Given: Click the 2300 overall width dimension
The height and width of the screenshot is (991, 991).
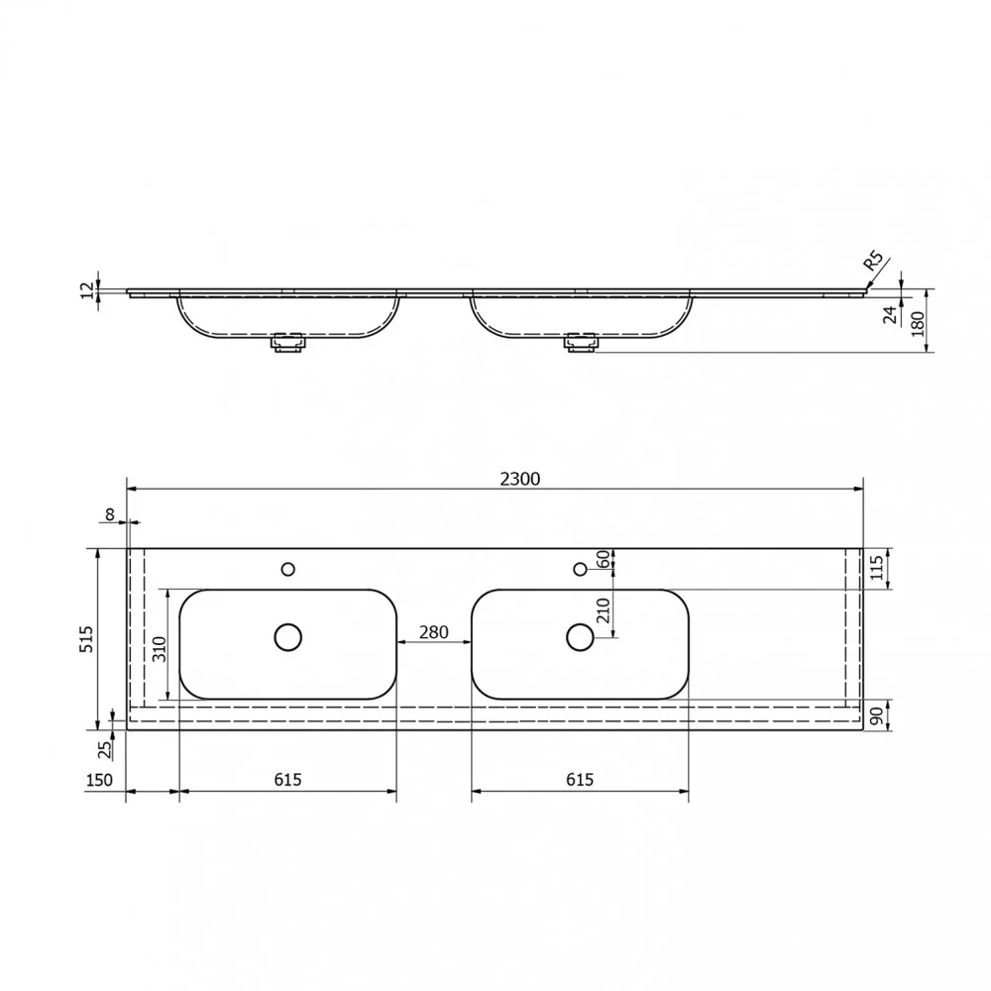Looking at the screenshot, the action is (x=519, y=479).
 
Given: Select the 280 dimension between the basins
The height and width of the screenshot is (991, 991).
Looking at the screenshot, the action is (x=434, y=632).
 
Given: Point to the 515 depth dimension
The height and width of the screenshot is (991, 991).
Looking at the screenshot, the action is (x=86, y=639).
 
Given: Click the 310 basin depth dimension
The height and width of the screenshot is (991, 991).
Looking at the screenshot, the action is (x=159, y=649).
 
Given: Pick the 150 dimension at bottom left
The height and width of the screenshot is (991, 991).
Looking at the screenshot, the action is (x=99, y=780).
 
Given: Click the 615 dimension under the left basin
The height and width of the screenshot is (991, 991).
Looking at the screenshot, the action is (x=287, y=780).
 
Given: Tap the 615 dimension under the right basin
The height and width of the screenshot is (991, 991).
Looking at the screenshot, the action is (x=580, y=780).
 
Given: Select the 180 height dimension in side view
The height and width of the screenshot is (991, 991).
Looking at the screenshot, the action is (x=918, y=324).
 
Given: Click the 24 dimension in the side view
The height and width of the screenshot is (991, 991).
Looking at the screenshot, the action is (x=890, y=315).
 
